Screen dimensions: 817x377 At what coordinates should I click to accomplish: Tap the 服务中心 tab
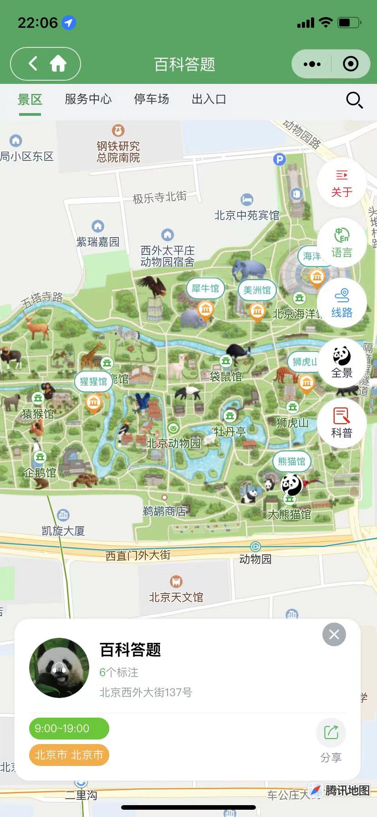88,99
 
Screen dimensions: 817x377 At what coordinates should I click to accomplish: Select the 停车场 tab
151,99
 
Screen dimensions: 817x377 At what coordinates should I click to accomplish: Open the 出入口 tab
209,99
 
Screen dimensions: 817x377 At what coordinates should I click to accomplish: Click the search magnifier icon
354,99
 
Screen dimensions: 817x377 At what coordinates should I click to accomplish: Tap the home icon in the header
58,64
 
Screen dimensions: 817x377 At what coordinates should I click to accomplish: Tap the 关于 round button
341,183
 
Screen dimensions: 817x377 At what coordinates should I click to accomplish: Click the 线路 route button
341,303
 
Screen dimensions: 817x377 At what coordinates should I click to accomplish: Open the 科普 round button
341,424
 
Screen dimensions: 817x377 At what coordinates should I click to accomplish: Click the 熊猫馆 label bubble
291,461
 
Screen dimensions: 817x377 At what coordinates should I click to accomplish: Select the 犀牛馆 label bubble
205,288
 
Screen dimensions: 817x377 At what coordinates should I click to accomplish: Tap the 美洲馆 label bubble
257,290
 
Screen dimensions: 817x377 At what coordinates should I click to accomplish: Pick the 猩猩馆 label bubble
93,381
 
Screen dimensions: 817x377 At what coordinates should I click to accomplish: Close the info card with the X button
334,634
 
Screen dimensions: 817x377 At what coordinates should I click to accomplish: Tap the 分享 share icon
331,733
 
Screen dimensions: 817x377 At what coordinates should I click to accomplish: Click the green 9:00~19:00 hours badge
69,729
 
